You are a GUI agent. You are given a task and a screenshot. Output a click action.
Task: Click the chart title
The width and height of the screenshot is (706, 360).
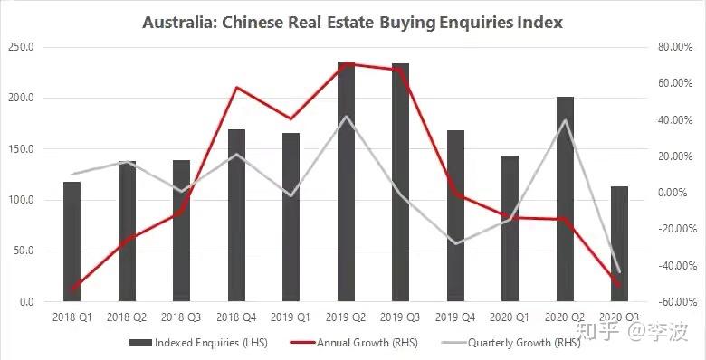(x=353, y=23)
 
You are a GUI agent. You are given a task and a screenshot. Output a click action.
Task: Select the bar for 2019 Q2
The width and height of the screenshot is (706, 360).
(x=347, y=181)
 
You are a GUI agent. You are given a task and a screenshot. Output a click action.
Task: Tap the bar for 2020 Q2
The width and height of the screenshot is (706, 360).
(x=565, y=199)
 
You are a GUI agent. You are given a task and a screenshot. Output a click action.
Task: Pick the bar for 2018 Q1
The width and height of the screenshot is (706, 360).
(x=72, y=242)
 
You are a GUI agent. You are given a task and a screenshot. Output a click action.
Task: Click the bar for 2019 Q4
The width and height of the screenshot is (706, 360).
(x=455, y=216)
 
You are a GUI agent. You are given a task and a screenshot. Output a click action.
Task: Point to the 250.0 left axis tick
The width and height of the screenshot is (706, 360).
(x=21, y=47)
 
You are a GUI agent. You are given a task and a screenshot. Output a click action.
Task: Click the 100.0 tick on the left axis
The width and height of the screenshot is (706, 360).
(x=21, y=200)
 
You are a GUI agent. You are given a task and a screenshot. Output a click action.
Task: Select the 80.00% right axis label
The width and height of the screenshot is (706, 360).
(x=675, y=47)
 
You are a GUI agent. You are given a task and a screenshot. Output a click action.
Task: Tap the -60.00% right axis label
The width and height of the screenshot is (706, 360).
(x=673, y=301)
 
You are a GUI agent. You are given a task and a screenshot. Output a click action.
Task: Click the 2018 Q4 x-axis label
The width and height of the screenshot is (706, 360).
(x=236, y=317)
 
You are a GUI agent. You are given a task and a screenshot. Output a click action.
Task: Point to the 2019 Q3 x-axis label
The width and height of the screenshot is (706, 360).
(x=400, y=317)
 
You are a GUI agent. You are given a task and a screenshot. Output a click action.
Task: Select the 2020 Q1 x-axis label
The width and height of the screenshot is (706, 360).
(x=510, y=317)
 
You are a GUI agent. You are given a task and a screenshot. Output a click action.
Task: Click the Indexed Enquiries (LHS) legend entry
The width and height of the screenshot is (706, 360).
(x=198, y=343)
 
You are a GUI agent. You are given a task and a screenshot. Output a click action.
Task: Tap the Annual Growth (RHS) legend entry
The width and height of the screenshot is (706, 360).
(x=354, y=343)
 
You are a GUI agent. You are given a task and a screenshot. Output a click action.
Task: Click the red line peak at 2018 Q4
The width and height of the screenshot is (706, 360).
(x=237, y=88)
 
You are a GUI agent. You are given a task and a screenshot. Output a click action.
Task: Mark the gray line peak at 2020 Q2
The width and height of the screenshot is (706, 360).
(x=565, y=119)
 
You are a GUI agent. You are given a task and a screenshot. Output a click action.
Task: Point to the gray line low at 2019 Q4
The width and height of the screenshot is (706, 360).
(x=455, y=244)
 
